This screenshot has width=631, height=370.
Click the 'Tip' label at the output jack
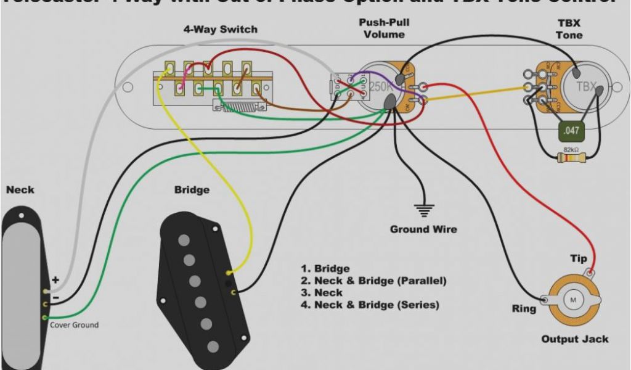click(x=579, y=258)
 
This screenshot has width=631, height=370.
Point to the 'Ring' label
click(x=524, y=308)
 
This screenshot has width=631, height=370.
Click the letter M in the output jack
click(x=573, y=300)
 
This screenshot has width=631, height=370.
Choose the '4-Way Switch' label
click(x=220, y=30)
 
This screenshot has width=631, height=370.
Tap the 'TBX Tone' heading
click(x=569, y=30)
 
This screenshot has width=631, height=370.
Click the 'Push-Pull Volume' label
click(x=384, y=28)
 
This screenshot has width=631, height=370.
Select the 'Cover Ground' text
click(x=74, y=325)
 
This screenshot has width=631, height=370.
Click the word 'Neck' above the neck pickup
click(x=20, y=190)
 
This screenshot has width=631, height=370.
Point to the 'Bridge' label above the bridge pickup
click(x=192, y=190)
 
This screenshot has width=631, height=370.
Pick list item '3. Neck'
click(x=321, y=293)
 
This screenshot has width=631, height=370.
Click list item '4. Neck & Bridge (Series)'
click(x=369, y=305)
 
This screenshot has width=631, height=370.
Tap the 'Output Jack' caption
click(x=574, y=339)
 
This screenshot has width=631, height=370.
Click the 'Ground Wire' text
click(x=423, y=229)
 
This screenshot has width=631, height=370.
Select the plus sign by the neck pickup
click(x=55, y=280)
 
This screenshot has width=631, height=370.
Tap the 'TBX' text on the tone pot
click(x=586, y=87)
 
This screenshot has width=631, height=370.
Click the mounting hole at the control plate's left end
click(x=128, y=88)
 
